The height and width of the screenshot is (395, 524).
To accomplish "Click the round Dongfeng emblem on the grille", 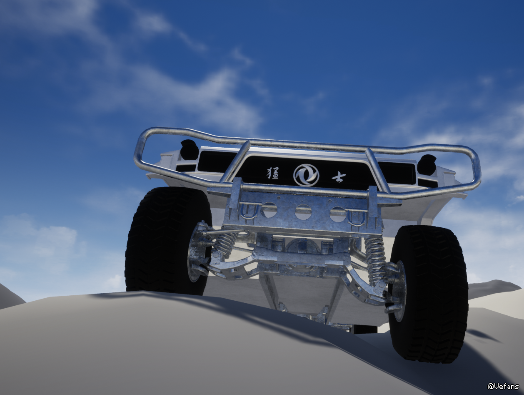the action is (306, 175).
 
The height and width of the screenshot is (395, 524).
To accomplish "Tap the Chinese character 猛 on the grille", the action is (272, 173).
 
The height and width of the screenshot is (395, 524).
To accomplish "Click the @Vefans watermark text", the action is (503, 386).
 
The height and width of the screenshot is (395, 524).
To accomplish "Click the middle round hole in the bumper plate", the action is (303, 212).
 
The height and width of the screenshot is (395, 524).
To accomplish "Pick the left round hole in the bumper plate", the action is (269, 210).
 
